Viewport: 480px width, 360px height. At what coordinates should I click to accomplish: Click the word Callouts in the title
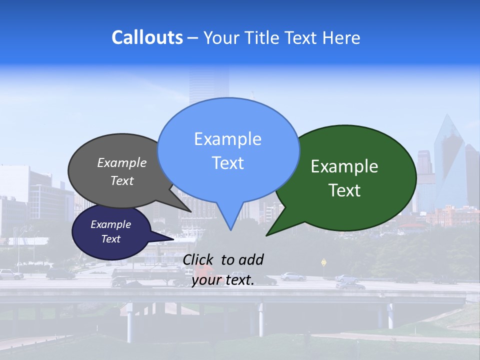click(147, 37)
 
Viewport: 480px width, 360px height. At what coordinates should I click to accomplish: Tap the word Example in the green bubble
click(344, 166)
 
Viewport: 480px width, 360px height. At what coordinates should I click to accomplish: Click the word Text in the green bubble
click(344, 190)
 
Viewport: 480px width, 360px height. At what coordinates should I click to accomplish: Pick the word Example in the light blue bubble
click(227, 139)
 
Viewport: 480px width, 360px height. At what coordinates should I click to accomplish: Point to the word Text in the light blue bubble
click(227, 163)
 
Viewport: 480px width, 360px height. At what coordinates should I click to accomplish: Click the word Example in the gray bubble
click(122, 162)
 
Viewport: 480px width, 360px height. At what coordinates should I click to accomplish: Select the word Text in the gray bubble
click(122, 180)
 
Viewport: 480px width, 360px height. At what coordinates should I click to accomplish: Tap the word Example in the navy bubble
click(110, 224)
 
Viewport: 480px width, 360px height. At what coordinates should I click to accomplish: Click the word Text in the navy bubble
click(110, 239)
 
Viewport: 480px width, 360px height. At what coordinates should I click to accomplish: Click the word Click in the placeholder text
click(199, 259)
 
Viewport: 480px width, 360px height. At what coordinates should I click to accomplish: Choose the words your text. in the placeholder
click(223, 280)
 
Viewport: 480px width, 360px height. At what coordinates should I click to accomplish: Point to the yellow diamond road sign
click(324, 261)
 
